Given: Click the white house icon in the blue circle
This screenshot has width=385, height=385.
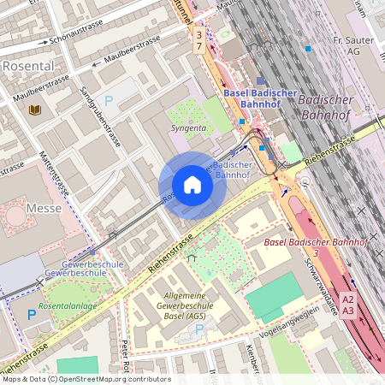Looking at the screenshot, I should [x=192, y=185].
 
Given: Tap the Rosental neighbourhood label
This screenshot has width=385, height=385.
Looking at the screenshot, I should [x=28, y=65].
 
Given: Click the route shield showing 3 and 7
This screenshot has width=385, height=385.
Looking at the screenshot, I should [x=199, y=39].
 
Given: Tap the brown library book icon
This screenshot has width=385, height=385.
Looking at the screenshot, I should [x=35, y=110].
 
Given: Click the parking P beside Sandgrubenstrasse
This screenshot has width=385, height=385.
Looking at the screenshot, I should [x=109, y=100].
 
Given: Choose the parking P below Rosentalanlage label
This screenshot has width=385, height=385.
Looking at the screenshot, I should [x=32, y=315].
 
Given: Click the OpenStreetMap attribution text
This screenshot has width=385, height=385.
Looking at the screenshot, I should [x=86, y=378].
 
